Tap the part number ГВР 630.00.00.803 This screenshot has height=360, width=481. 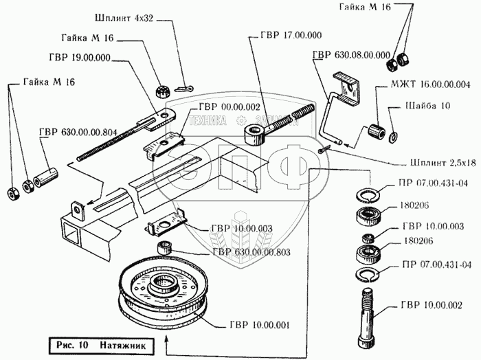252,252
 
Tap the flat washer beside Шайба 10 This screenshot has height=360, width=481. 393,137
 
